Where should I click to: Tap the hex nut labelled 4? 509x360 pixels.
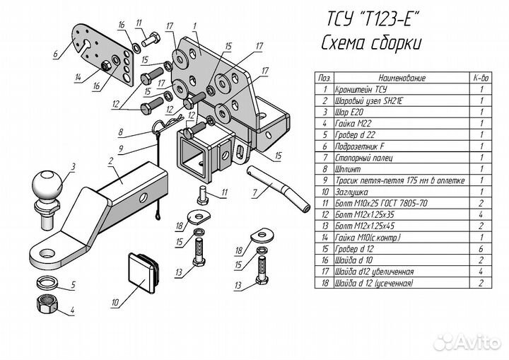(x=47, y=304)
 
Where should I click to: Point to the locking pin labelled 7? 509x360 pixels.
(x=279, y=188)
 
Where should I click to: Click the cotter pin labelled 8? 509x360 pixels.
(x=168, y=124)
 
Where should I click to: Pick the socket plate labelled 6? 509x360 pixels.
(x=103, y=54)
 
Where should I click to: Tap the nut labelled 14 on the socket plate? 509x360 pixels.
(x=105, y=66)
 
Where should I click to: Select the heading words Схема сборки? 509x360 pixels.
(x=371, y=42)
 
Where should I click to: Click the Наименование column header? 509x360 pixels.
(x=402, y=78)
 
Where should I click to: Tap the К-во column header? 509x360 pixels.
(x=481, y=78)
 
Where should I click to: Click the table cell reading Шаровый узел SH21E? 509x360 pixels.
(x=368, y=100)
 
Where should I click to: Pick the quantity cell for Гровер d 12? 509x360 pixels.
(x=481, y=249)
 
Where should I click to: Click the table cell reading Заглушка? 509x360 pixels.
(x=351, y=192)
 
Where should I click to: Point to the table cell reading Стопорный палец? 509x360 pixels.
(x=364, y=158)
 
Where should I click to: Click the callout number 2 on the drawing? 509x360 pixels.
(x=111, y=161)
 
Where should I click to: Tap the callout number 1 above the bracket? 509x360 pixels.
(x=195, y=26)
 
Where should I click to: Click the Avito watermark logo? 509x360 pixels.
(x=467, y=342)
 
